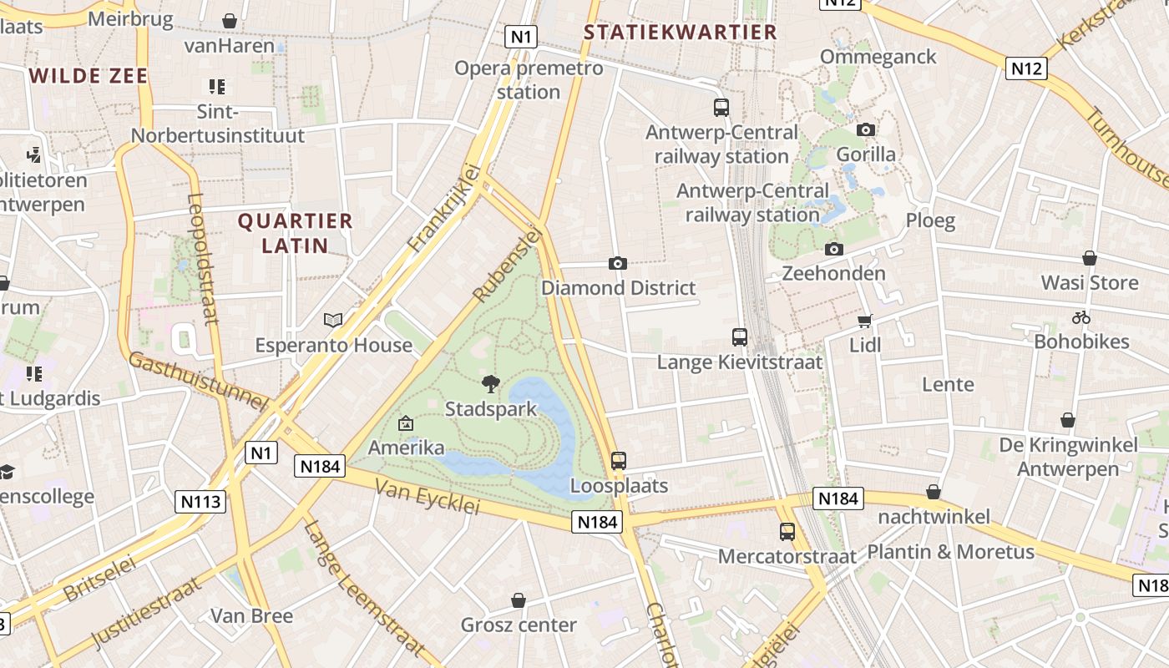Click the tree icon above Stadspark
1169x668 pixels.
[x=491, y=384]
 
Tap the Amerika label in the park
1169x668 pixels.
[x=407, y=448]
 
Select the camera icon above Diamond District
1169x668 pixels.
[x=618, y=263]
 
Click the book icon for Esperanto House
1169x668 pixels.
[x=333, y=320]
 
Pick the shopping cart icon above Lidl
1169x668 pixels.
[x=865, y=321]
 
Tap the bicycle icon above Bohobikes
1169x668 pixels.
[x=1081, y=317]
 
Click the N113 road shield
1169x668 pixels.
[x=200, y=502]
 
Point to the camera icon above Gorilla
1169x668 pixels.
[x=866, y=129]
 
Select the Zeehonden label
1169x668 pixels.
[x=833, y=273]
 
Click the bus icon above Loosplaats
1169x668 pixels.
[x=619, y=460]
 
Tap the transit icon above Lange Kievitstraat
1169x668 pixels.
[x=740, y=337]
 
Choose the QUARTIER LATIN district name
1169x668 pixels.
[x=295, y=233]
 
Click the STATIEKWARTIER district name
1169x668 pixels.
[x=680, y=33]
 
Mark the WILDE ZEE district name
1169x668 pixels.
[x=89, y=76]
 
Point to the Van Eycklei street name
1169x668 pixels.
[x=428, y=497]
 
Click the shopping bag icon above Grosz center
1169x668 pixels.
[x=519, y=600]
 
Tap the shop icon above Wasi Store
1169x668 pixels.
[x=1090, y=258]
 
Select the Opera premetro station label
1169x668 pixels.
[x=529, y=79]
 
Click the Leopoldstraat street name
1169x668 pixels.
[x=202, y=259]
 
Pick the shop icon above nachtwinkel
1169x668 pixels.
[x=934, y=493]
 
